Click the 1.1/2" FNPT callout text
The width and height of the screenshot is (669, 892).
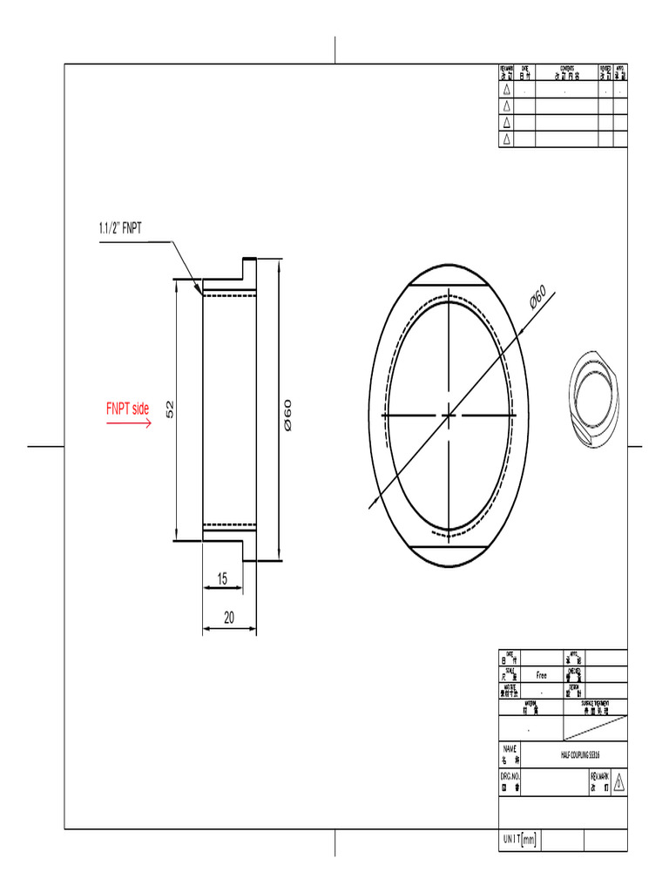click(119, 229)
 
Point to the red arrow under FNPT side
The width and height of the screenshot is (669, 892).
click(129, 423)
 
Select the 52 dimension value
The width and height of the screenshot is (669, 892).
click(171, 408)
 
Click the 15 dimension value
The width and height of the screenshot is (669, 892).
click(222, 578)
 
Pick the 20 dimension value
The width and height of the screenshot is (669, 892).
click(229, 618)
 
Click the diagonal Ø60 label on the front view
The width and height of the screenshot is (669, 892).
click(538, 297)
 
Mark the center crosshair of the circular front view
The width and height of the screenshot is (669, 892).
click(449, 416)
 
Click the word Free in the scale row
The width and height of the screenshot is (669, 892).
click(541, 675)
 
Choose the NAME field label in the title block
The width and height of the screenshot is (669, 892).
click(510, 753)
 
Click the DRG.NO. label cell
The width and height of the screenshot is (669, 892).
click(510, 780)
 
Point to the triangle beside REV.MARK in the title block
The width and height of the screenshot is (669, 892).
click(618, 781)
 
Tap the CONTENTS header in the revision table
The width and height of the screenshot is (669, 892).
click(566, 71)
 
